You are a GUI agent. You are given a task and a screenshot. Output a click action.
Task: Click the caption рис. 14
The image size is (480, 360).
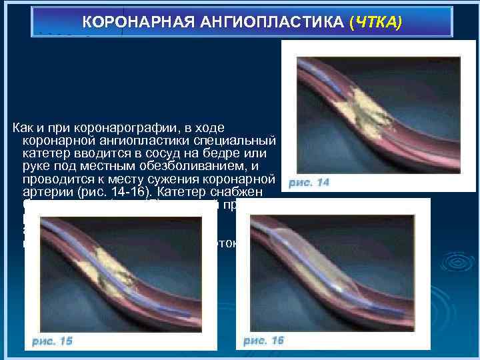point(309,182)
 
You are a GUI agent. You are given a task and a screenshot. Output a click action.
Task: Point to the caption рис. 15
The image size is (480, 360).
point(52,341)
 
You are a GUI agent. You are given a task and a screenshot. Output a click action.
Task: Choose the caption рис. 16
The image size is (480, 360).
point(263,341)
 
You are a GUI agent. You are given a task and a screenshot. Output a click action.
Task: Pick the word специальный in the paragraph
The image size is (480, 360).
point(243,141)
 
